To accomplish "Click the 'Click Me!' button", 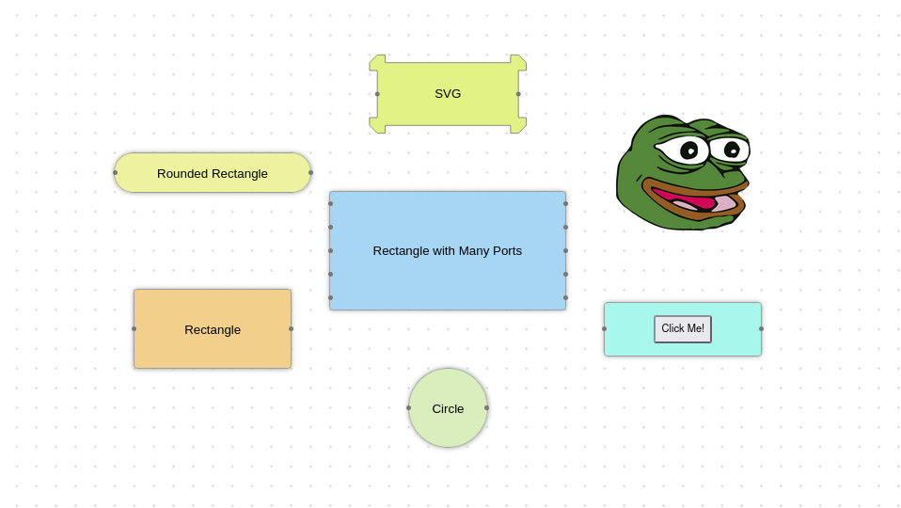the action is [683, 328].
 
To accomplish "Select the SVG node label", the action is [448, 94].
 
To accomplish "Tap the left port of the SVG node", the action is [377, 94].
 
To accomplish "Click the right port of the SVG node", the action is [518, 94].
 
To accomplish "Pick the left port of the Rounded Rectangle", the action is [115, 172].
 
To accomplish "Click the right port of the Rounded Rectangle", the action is [311, 172].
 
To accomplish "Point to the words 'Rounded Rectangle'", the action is [212, 173].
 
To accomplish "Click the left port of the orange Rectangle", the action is [134, 328].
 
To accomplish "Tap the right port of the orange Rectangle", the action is [292, 328].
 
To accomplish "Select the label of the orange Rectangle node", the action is [213, 330].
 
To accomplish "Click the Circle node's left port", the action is [408, 408].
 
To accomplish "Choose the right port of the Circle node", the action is [486, 408].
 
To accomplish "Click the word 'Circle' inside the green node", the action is [448, 408].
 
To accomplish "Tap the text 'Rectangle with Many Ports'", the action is [447, 251].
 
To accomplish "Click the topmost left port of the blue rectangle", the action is [330, 203].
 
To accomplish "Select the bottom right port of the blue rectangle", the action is [565, 297].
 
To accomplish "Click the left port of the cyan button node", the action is [604, 328].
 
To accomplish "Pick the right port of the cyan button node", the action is [762, 328].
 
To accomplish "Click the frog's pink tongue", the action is [698, 203].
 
